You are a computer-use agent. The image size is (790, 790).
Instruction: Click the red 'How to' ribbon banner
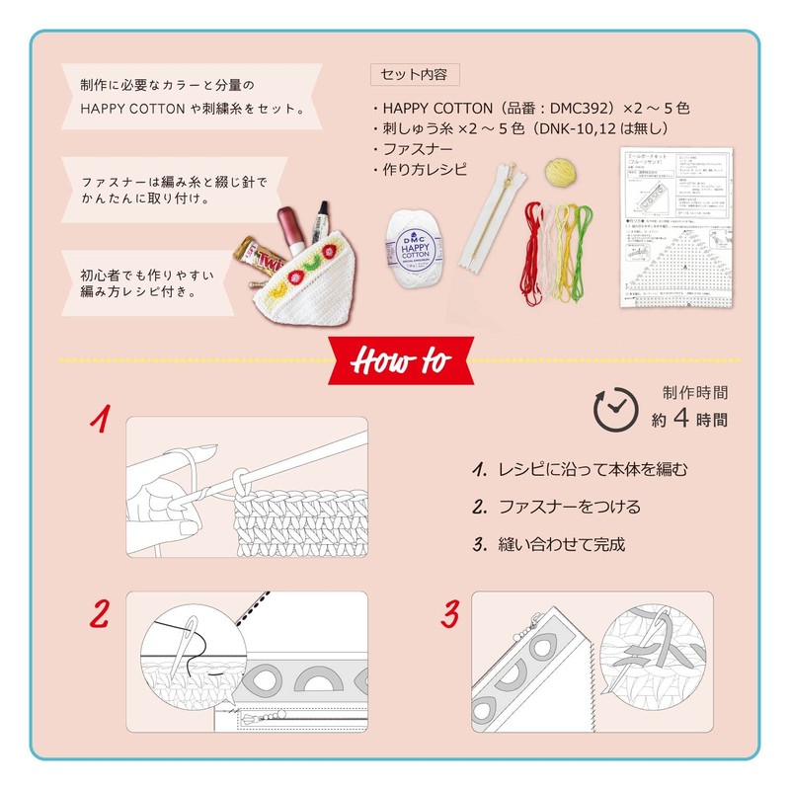(395, 361)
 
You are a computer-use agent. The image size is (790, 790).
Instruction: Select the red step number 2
(99, 613)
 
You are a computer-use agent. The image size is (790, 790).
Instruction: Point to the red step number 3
(450, 613)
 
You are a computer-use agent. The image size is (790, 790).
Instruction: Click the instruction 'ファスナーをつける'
(569, 507)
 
